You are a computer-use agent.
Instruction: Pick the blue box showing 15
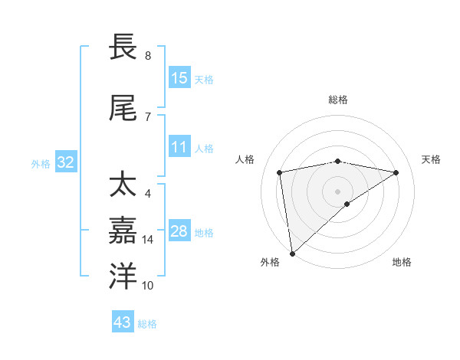[179, 78]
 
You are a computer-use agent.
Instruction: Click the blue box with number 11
[179, 148]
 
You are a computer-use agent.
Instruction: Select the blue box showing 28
[179, 231]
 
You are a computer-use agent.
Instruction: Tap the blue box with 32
[65, 162]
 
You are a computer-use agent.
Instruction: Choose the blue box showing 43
[123, 322]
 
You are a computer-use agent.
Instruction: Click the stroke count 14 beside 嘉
[148, 240]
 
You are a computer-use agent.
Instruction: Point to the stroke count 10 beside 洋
[148, 286]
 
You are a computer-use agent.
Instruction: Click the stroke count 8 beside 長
[147, 55]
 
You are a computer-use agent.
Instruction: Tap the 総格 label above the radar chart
[338, 100]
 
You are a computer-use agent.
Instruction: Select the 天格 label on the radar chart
[432, 159]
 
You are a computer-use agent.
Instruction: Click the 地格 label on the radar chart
[402, 262]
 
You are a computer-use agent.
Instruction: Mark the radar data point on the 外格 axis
[292, 253]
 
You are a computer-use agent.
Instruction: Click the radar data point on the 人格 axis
[280, 172]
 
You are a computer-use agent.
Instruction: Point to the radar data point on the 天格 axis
[396, 172]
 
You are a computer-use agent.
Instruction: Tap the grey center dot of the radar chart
[338, 191]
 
